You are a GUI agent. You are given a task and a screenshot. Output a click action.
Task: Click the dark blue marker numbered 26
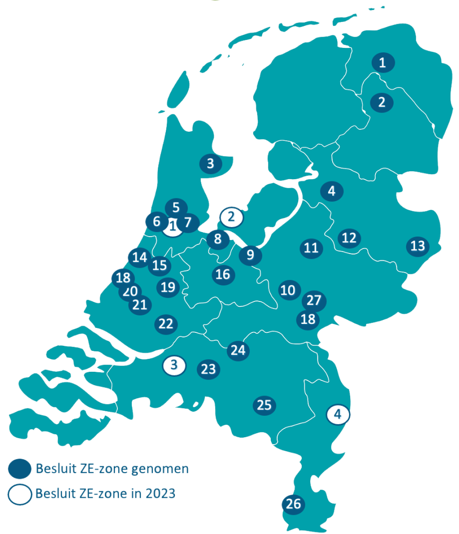[293, 504]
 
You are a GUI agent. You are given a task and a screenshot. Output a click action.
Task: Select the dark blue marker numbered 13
[417, 246]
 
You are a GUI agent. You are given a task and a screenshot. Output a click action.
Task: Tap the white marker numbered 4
[338, 414]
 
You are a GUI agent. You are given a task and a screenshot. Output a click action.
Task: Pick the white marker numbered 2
[231, 217]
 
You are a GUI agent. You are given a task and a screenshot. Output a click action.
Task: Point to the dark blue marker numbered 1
[382, 63]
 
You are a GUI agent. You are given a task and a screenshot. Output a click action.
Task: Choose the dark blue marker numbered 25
[264, 405]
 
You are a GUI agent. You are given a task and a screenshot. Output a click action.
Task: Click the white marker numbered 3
[174, 365]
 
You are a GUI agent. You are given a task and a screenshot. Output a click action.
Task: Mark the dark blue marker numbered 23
[208, 370]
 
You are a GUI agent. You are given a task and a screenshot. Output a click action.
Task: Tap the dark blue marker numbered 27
[314, 300]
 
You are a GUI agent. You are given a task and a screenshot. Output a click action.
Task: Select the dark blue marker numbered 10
[288, 290]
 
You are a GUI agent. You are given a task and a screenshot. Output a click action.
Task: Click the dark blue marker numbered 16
[223, 274]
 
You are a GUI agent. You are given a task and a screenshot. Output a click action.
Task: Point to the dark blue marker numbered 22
[166, 323]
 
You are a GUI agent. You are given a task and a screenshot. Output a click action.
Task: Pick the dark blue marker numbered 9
[250, 255]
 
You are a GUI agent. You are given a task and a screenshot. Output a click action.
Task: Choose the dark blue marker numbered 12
[349, 237]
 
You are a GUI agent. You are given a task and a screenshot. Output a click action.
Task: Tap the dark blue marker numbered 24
[238, 350]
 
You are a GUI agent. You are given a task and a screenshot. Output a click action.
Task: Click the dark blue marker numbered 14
[140, 257]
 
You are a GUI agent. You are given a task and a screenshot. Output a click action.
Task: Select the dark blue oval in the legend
[20, 469]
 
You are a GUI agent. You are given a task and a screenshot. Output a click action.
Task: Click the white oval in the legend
[20, 495]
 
